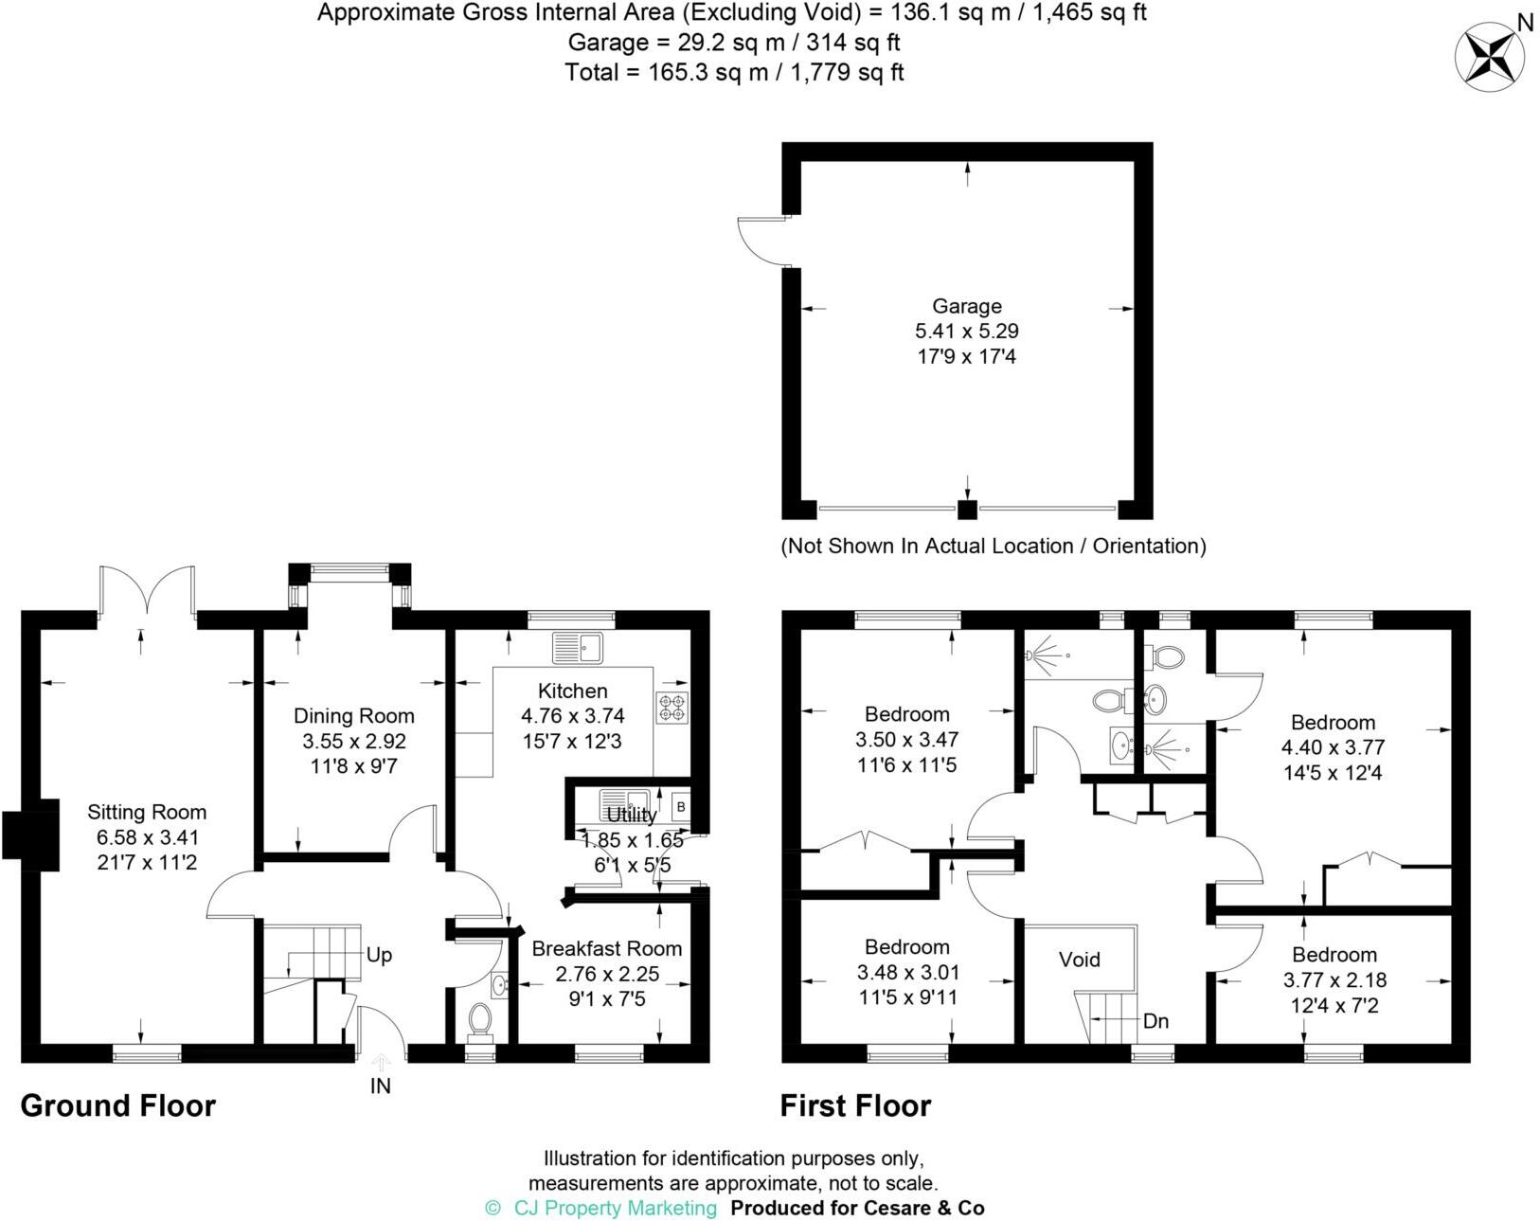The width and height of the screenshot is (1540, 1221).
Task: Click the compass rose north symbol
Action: point(1490,56)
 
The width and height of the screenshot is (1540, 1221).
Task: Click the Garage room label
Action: point(966,306)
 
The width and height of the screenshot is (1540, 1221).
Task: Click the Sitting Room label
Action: point(147,812)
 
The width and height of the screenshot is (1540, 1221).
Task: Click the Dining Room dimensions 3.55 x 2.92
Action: point(353,741)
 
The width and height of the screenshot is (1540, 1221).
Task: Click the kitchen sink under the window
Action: point(578,649)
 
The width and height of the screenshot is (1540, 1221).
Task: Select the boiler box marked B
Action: point(680,807)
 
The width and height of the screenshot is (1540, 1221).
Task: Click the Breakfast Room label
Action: point(606,948)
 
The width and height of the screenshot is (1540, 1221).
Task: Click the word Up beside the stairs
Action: point(379,955)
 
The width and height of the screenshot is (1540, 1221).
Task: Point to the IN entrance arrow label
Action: point(381,1086)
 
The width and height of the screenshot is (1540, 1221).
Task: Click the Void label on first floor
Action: point(1079,960)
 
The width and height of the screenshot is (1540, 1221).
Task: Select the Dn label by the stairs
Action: point(1155,1021)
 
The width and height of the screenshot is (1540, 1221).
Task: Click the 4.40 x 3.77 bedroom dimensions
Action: point(1333,747)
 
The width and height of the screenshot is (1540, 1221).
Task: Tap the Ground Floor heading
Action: point(118,1105)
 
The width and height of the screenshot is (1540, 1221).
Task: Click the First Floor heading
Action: point(855,1105)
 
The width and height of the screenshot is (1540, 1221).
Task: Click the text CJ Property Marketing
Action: point(615,1208)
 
